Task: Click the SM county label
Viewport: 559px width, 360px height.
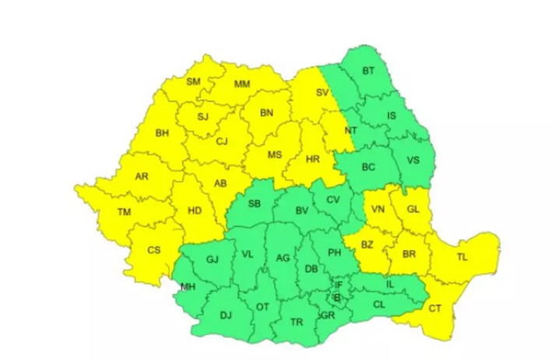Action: [193, 82]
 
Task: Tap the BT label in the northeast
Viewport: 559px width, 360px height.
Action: [368, 72]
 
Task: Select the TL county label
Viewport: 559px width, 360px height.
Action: [462, 256]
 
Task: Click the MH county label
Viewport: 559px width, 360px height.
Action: [187, 287]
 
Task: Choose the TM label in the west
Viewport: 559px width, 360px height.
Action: [124, 212]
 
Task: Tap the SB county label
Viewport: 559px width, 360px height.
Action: [254, 204]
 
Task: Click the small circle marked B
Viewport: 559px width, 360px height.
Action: [336, 297]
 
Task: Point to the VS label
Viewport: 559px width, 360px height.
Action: [413, 160]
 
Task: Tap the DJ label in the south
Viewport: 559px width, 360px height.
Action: [226, 316]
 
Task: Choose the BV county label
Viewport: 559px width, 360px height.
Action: [302, 210]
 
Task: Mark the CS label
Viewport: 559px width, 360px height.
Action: [154, 250]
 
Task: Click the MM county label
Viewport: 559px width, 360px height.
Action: [242, 84]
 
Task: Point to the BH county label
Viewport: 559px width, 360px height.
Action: [162, 133]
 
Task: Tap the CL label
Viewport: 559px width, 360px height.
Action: [379, 305]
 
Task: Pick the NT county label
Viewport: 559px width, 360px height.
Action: [351, 130]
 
